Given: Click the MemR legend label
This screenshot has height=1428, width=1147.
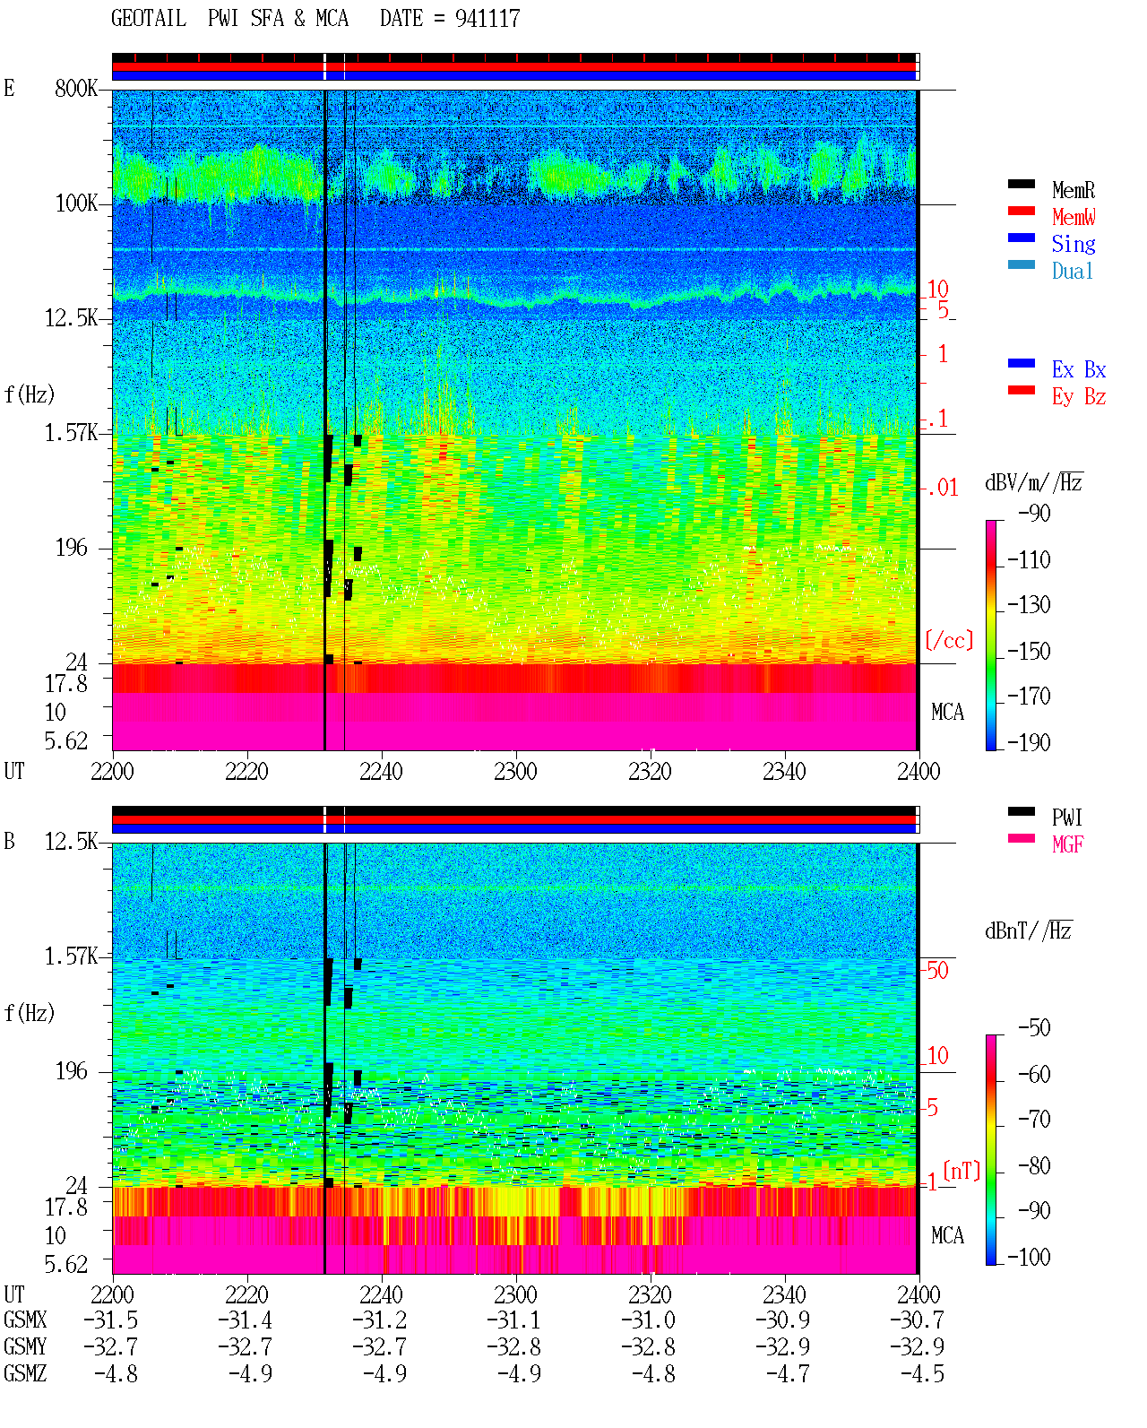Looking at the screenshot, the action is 1073,190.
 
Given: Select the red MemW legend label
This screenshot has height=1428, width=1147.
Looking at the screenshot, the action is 1073,217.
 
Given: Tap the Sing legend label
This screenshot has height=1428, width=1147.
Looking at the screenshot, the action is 1073,244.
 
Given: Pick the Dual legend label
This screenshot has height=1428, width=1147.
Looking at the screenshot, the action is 1072,271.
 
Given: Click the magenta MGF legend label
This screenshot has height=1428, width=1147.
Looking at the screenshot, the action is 1067,844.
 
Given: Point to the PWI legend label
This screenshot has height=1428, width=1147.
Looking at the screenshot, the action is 1066,818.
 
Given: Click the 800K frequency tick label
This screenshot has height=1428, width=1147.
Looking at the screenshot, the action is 76,88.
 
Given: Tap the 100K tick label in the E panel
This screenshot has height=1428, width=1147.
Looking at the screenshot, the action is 76,203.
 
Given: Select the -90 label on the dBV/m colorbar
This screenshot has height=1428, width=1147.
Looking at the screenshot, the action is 1034,513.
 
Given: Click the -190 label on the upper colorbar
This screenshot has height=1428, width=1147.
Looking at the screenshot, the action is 1029,742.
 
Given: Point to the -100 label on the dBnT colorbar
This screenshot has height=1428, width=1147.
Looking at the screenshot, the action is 1029,1257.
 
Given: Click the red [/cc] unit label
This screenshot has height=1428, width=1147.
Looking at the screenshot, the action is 949,640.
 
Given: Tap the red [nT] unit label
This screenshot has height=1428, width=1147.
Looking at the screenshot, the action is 962,1171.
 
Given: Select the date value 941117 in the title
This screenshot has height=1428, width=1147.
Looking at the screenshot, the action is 487,19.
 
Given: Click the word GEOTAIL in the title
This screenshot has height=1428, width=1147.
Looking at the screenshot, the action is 149,19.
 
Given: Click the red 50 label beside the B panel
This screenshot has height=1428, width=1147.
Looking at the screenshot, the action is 937,971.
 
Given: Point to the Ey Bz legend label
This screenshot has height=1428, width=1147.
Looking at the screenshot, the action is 1079,397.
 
